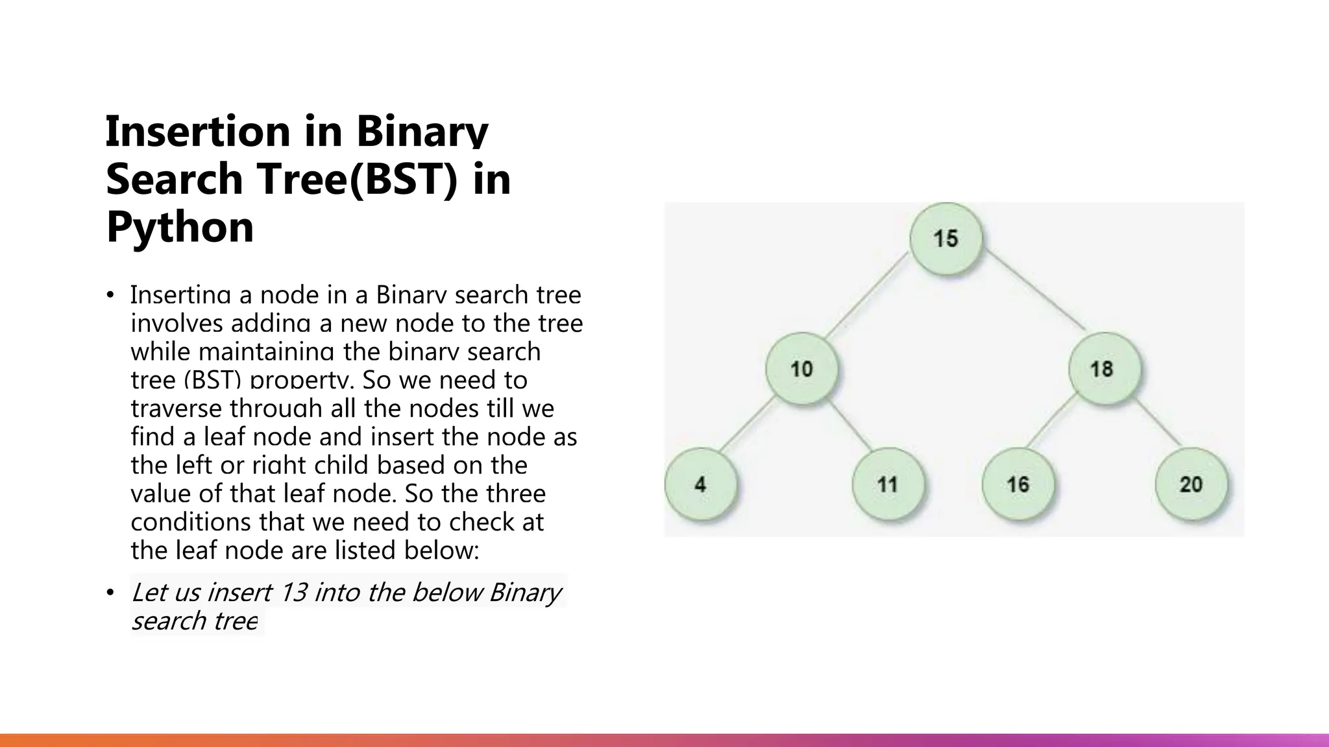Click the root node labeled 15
[x=945, y=239]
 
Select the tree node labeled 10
[x=801, y=369]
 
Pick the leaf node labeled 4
[x=701, y=484]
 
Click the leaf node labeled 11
[x=887, y=484]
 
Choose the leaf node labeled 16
[x=1018, y=484]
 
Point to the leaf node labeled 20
[x=1191, y=484]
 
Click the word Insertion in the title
[x=197, y=131]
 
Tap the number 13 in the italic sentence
[x=293, y=592]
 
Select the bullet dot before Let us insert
[x=110, y=593]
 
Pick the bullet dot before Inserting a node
[x=110, y=296]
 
